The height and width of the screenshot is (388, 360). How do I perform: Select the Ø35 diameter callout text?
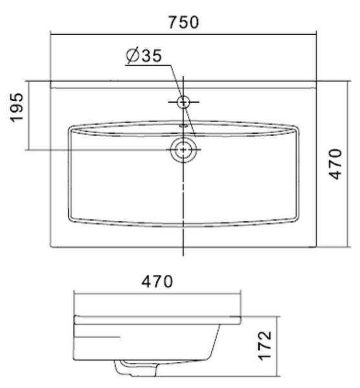coord(143,56)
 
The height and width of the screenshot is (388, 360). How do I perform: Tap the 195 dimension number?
coord(17,108)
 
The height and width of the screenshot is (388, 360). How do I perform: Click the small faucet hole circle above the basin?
coord(183,102)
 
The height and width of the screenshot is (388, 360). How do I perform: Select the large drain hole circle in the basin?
coord(183,150)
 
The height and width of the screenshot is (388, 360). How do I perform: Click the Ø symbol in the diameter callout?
coord(131,56)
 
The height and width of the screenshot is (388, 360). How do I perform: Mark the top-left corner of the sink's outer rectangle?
coord(51,81)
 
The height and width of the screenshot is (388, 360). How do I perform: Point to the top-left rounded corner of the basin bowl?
coord(71,128)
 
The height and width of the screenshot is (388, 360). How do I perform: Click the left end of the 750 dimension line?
coord(51,34)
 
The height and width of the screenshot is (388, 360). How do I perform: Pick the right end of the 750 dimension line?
coord(316,34)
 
